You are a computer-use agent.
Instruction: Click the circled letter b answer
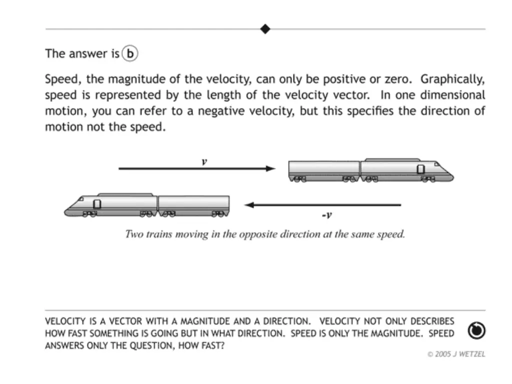tap(129, 53)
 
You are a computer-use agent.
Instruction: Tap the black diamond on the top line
tap(265, 29)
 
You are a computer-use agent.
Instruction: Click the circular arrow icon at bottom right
tap(476, 330)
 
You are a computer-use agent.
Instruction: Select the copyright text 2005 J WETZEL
tap(456, 354)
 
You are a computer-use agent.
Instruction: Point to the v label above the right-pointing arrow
tap(204, 161)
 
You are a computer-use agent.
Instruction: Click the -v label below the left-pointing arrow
tap(326, 215)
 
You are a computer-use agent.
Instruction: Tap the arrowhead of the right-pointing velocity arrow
tap(270, 168)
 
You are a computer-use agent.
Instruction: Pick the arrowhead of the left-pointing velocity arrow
tap(249, 204)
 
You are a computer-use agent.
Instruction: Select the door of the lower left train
tap(97, 204)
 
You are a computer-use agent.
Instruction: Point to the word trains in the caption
tap(160, 234)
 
